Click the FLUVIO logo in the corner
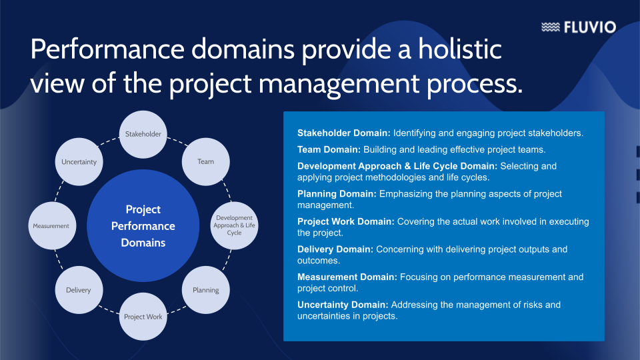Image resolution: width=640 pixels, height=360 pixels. (578, 27)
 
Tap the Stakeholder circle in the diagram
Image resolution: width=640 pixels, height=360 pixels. (143, 134)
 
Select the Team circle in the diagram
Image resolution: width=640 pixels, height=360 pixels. (206, 161)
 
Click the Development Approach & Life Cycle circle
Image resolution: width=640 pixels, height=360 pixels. (234, 225)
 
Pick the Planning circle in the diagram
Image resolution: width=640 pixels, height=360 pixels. (206, 290)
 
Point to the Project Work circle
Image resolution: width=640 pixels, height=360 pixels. (143, 317)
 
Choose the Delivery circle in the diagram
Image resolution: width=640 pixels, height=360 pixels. (79, 290)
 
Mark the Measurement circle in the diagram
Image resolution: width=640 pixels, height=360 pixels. (51, 226)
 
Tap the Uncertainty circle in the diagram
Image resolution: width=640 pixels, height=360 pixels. (79, 161)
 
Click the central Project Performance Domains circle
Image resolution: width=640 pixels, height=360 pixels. (143, 225)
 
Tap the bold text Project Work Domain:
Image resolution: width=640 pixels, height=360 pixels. (346, 221)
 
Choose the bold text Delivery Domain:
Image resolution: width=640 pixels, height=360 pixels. (335, 249)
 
